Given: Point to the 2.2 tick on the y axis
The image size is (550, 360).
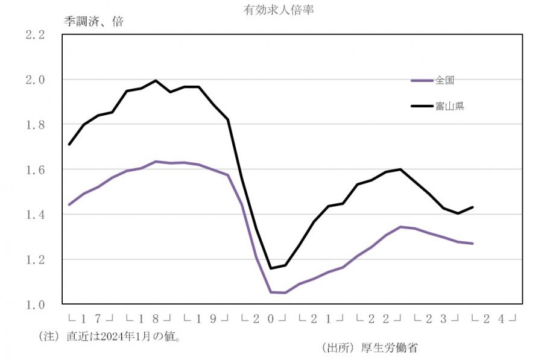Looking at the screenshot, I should [35, 34].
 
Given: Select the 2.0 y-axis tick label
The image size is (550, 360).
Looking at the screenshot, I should [35, 80].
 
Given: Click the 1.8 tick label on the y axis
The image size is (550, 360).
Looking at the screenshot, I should [35, 125].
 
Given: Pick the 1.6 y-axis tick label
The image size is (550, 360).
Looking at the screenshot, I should [35, 169].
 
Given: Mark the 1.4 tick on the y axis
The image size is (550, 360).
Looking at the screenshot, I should [35, 215].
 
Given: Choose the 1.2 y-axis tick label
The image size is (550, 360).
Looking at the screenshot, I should [35, 260].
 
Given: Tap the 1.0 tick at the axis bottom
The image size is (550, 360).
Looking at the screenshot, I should [35, 305].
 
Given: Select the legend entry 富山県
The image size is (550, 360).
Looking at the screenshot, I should [449, 106].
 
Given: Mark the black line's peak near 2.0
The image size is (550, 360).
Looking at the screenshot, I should [156, 80].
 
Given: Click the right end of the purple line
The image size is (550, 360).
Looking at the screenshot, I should [473, 244].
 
